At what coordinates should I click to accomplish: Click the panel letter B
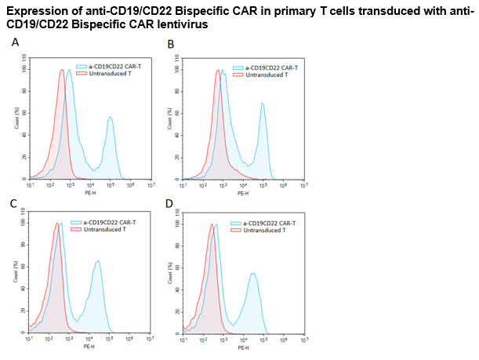pyautogui.click(x=171, y=45)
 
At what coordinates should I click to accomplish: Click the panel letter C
pyautogui.click(x=13, y=203)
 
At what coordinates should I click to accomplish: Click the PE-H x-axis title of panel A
pyautogui.click(x=89, y=192)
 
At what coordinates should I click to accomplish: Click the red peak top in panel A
pyautogui.click(x=61, y=70)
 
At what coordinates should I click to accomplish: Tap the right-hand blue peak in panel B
pyautogui.click(x=263, y=104)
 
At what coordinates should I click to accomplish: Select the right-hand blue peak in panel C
pyautogui.click(x=98, y=261)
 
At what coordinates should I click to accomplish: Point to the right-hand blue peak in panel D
pyautogui.click(x=253, y=274)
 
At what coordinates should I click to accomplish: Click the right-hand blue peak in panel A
pyautogui.click(x=111, y=118)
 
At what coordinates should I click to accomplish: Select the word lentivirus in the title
pyautogui.click(x=191, y=24)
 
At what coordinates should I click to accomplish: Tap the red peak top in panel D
pyautogui.click(x=212, y=225)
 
